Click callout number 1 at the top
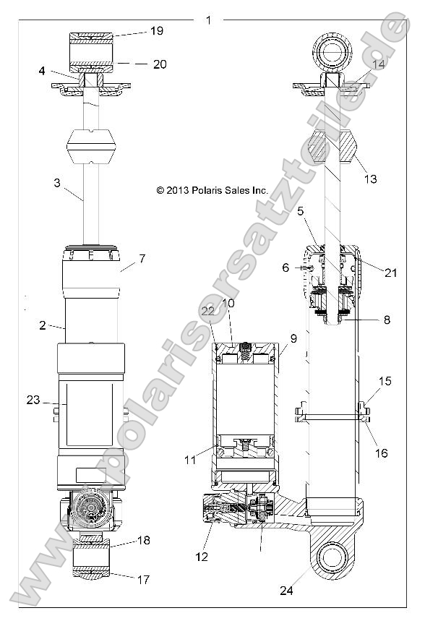(x=208, y=20)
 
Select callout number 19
(x=157, y=31)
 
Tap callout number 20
(x=160, y=64)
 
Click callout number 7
(x=142, y=258)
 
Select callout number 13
(x=371, y=179)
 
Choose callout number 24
(x=288, y=590)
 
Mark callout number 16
(x=382, y=453)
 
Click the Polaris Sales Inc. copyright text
(x=212, y=190)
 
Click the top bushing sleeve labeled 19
(x=92, y=49)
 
